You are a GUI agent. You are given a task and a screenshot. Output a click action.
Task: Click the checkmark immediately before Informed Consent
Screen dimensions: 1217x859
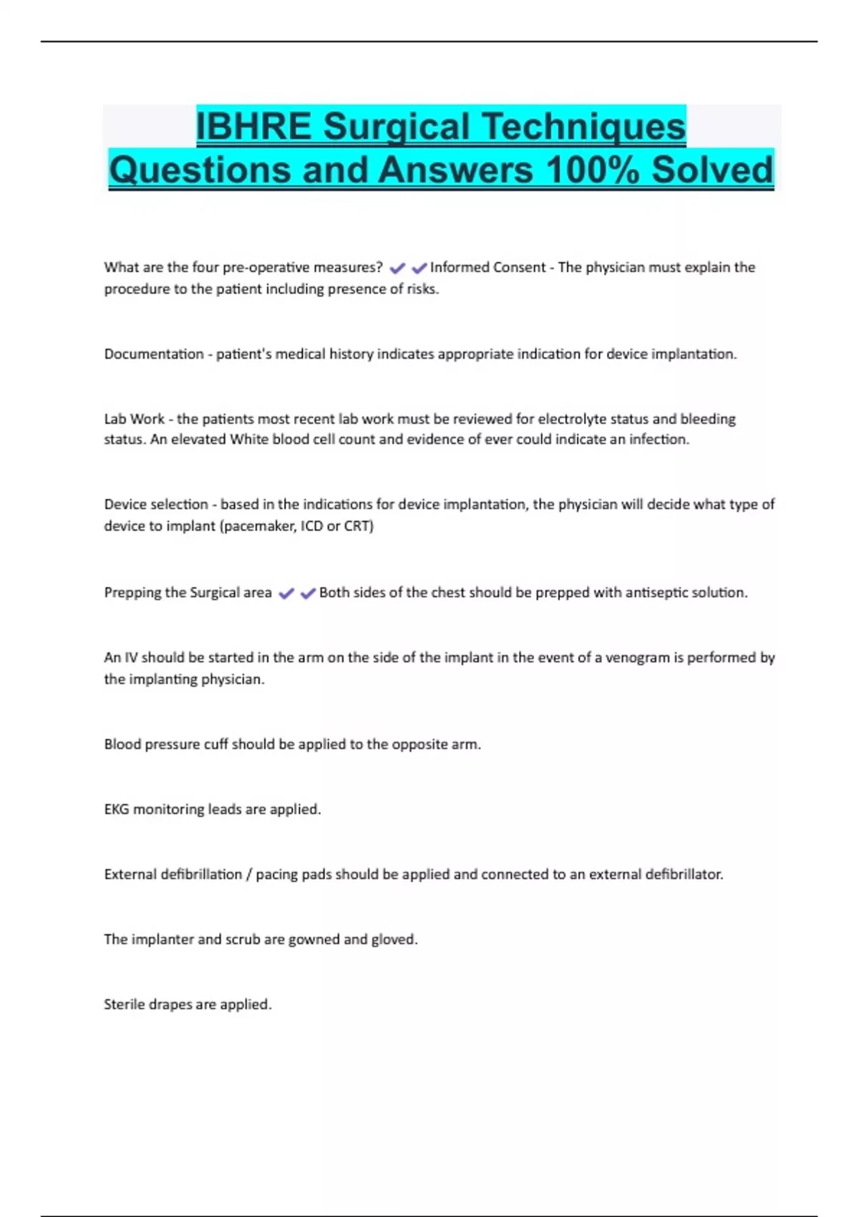tap(419, 268)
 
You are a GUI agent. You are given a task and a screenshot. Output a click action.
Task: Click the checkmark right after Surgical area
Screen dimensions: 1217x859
tap(286, 593)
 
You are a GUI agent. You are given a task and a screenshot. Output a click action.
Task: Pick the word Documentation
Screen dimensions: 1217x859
tap(154, 354)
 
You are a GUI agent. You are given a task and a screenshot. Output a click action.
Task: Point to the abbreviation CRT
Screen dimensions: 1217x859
tap(358, 526)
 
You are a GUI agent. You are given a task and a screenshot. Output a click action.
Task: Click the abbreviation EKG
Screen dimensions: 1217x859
tap(116, 810)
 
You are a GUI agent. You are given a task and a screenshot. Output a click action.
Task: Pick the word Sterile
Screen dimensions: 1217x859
tap(125, 1004)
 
